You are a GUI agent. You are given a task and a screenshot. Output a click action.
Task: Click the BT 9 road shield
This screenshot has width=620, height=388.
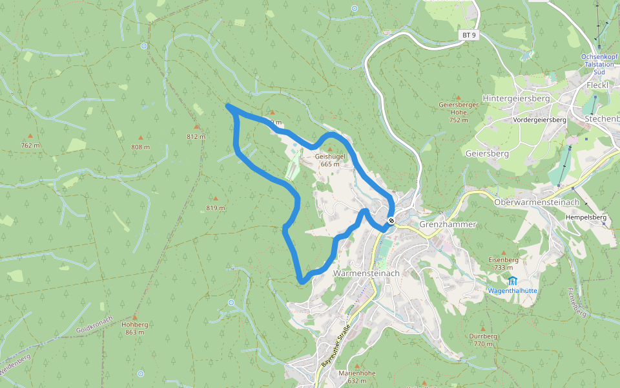(469, 35)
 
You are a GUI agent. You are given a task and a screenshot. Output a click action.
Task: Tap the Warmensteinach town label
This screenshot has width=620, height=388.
(366, 274)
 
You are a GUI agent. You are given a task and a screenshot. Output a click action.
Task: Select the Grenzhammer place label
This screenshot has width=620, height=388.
(448, 224)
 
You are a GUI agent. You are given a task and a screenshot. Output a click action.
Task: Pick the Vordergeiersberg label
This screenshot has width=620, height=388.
(539, 120)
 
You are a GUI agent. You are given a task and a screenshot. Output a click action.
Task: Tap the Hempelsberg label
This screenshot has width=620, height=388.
(586, 218)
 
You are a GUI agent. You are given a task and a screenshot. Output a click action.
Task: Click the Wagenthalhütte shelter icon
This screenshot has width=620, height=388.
(512, 281)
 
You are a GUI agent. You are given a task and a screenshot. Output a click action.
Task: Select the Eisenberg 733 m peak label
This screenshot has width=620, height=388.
(503, 263)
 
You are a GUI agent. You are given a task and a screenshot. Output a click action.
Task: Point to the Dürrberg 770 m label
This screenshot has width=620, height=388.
(484, 340)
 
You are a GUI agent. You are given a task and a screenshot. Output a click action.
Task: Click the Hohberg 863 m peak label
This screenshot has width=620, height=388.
(135, 329)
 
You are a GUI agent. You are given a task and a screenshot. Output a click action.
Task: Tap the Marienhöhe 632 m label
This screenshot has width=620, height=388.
(357, 377)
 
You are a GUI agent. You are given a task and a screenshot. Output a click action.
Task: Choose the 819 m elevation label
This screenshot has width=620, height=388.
(216, 208)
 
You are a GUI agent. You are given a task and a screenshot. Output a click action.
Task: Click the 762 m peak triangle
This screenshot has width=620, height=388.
(30, 136)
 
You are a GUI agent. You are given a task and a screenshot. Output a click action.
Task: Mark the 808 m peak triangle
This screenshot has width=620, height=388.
(140, 138)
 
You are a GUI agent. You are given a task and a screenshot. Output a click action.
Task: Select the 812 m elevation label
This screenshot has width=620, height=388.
(196, 136)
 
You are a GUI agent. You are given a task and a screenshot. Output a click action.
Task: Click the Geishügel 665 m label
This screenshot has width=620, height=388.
(331, 160)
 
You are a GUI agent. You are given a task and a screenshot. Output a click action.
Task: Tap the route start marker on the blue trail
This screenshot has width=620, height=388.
(391, 221)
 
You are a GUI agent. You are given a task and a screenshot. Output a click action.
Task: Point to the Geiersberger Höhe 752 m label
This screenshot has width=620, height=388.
(458, 111)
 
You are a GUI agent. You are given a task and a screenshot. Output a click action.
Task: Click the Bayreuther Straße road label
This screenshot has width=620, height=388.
(335, 350)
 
